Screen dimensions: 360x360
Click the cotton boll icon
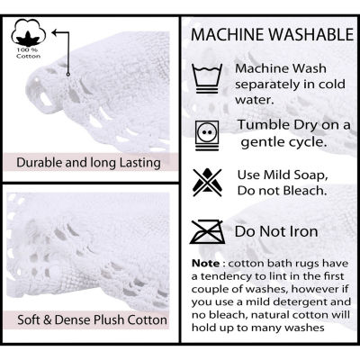click(x=29, y=32)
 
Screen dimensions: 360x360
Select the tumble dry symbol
click(x=207, y=135)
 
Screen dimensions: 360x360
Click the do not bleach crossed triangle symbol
click(x=207, y=183)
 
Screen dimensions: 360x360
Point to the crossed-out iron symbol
click(x=207, y=232)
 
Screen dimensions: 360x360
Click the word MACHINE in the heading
click(x=228, y=34)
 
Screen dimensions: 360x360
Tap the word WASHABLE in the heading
click(x=311, y=34)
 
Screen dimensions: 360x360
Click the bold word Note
click(x=206, y=264)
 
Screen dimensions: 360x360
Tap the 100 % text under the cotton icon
click(x=25, y=49)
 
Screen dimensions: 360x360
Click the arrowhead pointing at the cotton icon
click(x=54, y=31)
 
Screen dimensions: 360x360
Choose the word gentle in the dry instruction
click(x=262, y=143)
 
